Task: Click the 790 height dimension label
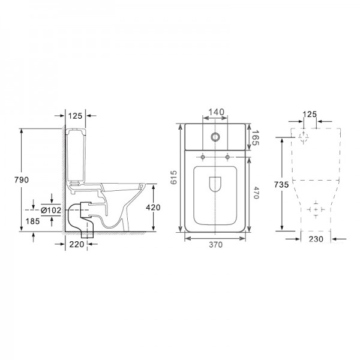click(x=22, y=180)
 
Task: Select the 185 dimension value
click(x=32, y=221)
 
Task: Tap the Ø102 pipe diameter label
click(x=51, y=210)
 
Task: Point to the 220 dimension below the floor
click(x=77, y=244)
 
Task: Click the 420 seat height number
click(x=153, y=208)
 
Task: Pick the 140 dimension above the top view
click(x=216, y=112)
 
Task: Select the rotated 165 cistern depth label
click(x=255, y=137)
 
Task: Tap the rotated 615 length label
click(x=173, y=177)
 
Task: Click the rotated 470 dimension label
click(x=256, y=193)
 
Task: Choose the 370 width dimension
click(x=216, y=245)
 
